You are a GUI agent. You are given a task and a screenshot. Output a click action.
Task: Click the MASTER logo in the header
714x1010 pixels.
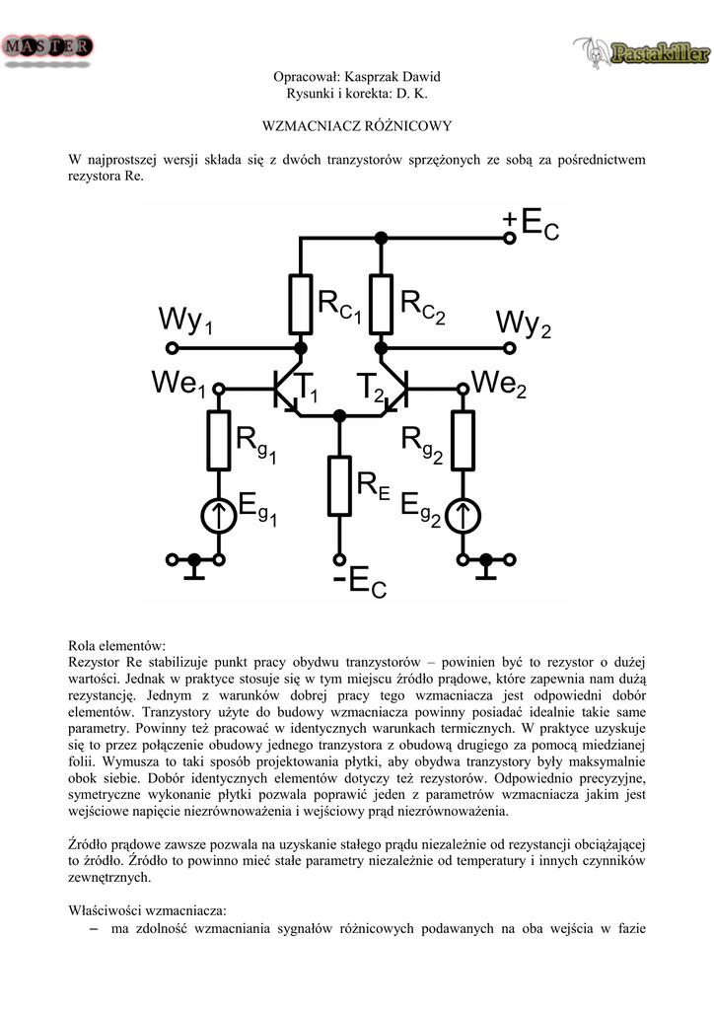coord(49,48)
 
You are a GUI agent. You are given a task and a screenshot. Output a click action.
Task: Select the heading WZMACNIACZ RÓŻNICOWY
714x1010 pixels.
coord(356,126)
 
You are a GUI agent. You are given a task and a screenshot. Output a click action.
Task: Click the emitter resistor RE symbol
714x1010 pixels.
coord(340,487)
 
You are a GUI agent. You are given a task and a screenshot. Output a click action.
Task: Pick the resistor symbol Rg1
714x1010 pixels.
coord(219,441)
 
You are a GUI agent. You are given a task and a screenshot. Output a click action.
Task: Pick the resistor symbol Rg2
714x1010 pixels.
coord(461,441)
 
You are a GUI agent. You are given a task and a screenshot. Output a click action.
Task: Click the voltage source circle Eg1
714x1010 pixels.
coord(219,513)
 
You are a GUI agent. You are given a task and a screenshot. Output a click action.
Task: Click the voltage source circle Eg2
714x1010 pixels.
coord(461,513)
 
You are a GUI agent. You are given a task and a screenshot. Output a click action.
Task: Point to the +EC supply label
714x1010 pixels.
coord(531,225)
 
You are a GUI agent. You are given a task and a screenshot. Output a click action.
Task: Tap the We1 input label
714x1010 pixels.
coord(179,383)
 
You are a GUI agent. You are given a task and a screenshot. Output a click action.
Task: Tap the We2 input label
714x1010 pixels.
coord(500,383)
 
